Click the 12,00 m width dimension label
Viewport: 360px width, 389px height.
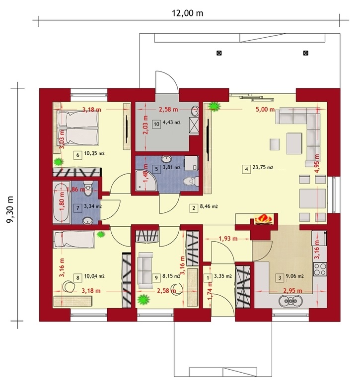click(x=188, y=13)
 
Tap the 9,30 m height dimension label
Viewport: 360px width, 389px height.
click(x=10, y=209)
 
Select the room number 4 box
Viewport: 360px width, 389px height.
click(x=246, y=169)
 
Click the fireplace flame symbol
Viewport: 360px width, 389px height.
click(x=263, y=219)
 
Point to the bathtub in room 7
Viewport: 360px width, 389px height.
click(x=62, y=202)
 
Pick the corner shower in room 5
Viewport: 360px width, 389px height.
click(x=146, y=181)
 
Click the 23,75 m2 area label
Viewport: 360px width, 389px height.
click(x=263, y=168)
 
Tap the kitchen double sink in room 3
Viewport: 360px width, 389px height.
click(x=290, y=301)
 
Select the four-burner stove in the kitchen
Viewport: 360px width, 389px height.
click(x=320, y=269)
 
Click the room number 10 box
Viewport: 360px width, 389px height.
click(x=156, y=124)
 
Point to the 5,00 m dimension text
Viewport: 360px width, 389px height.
click(x=265, y=109)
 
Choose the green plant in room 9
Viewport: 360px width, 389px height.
click(x=144, y=300)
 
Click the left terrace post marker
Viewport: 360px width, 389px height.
click(x=219, y=53)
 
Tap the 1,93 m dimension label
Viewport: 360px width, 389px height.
click(x=228, y=239)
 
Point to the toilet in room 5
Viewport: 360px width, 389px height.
click(x=191, y=181)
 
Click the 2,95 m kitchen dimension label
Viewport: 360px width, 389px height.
click(x=292, y=291)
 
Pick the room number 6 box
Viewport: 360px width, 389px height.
click(x=77, y=155)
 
